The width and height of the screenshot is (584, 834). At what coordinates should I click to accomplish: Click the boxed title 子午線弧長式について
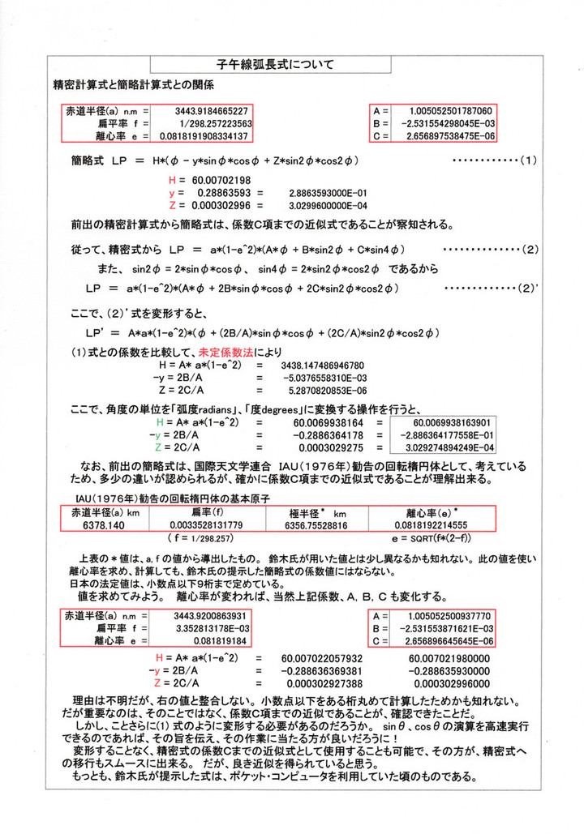coord(271,63)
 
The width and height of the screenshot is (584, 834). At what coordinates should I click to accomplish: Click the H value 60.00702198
coord(221,179)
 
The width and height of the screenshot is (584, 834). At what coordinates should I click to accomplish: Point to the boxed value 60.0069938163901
coord(451,423)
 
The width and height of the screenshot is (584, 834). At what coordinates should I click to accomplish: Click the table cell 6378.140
coord(104,525)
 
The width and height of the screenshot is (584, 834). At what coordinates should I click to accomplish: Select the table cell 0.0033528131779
coord(207,525)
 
